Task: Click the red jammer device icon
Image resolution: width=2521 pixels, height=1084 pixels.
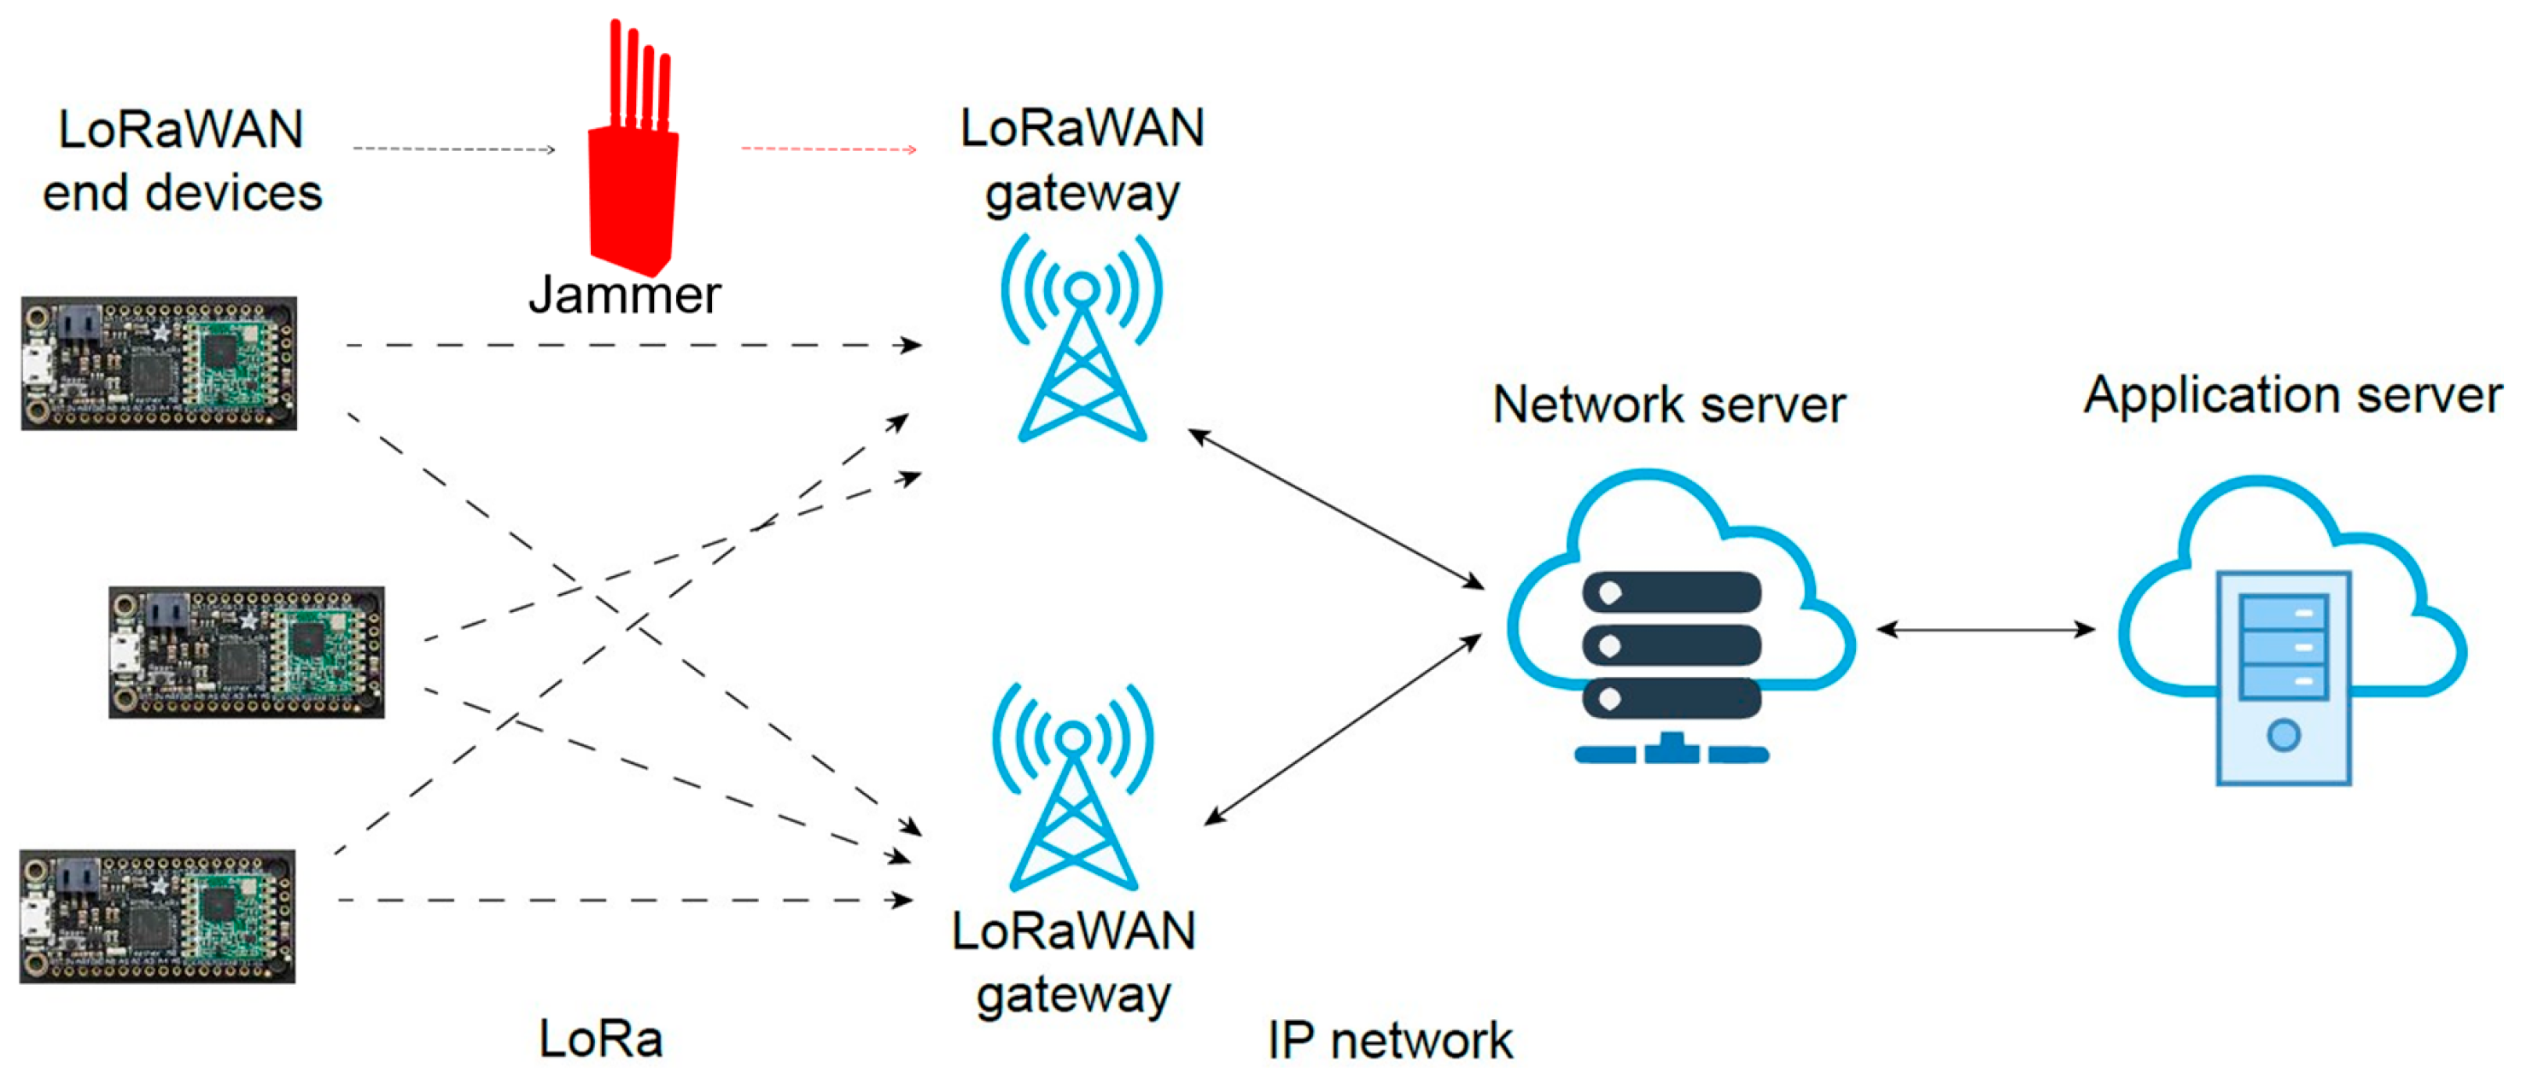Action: pyautogui.click(x=633, y=186)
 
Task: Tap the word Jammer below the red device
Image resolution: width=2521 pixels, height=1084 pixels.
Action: pyautogui.click(x=624, y=295)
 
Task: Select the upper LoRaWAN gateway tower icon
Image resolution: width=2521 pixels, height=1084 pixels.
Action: pyautogui.click(x=1082, y=337)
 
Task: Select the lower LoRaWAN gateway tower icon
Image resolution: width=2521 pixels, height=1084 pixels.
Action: pyautogui.click(x=1074, y=787)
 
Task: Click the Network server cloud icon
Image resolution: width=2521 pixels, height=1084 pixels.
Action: pyautogui.click(x=1678, y=616)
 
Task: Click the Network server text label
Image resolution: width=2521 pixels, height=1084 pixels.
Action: pyautogui.click(x=1669, y=404)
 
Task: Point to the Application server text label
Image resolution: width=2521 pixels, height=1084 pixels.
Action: pyautogui.click(x=2292, y=396)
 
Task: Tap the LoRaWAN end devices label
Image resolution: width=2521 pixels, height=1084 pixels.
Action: pyautogui.click(x=182, y=161)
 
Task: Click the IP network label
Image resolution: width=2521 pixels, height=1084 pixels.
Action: pyautogui.click(x=1390, y=1039)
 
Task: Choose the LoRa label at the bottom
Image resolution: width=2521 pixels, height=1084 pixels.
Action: pyautogui.click(x=601, y=1038)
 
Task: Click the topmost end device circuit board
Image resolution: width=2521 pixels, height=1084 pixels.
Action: pyautogui.click(x=159, y=363)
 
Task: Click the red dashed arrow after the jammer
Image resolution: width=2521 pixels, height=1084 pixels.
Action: pyautogui.click(x=828, y=149)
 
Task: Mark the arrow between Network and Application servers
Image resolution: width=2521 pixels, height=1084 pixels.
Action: pyautogui.click(x=1987, y=629)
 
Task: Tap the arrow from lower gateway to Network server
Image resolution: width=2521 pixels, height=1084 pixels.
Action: pyautogui.click(x=1343, y=729)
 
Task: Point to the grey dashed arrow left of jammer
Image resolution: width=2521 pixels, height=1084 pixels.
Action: pyautogui.click(x=454, y=149)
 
